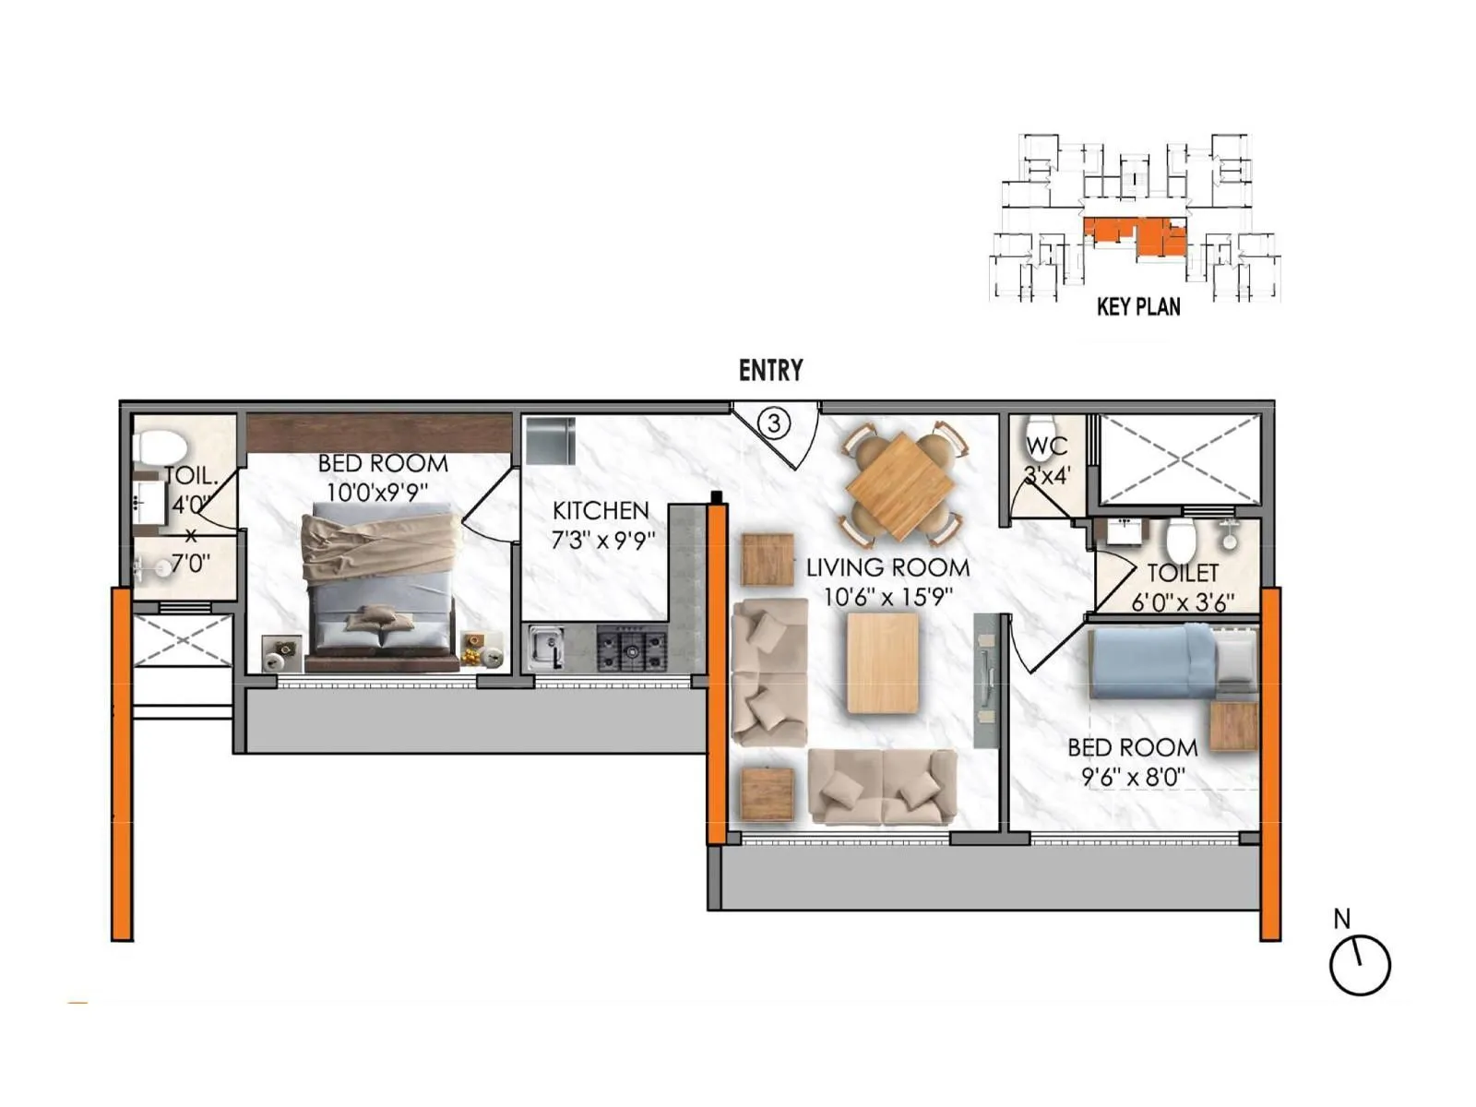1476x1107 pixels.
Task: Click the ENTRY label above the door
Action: (770, 371)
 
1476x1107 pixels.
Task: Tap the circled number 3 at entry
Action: (774, 423)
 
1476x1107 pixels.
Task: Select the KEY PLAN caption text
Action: (1138, 307)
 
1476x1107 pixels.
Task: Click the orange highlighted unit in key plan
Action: (1136, 236)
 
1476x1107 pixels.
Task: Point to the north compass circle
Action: (1359, 965)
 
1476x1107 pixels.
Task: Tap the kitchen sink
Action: (546, 647)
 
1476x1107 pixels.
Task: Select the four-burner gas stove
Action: (632, 649)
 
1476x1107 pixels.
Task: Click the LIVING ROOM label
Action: (887, 567)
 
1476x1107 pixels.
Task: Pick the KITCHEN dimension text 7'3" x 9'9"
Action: (602, 540)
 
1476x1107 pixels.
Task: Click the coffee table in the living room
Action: (883, 663)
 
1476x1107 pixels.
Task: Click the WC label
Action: (1046, 446)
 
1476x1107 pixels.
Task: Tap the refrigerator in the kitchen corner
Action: (550, 441)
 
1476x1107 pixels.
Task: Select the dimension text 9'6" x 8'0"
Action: (1133, 777)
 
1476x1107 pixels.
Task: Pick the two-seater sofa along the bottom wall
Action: (882, 786)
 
